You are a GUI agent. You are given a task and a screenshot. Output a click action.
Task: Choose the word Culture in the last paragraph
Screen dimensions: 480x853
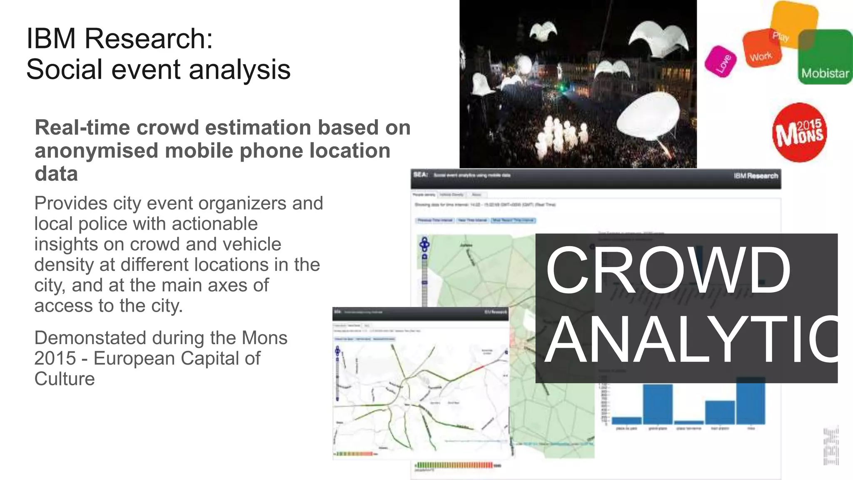65,379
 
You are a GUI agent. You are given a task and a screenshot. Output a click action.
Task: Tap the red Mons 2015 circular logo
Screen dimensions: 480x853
799,132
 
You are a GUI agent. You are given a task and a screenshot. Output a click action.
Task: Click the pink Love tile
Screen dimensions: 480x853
721,62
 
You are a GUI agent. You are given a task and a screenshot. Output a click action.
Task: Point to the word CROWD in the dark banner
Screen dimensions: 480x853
668,270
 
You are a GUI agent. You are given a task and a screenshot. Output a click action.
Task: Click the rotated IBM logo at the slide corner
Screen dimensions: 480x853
831,445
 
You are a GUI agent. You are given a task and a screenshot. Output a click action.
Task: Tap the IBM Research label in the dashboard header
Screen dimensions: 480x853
756,176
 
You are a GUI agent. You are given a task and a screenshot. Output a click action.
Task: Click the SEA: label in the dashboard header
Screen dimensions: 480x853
421,175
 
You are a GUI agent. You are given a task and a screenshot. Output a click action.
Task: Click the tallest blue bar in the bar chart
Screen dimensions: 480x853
751,401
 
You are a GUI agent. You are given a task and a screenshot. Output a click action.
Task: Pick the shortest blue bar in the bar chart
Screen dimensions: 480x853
688,422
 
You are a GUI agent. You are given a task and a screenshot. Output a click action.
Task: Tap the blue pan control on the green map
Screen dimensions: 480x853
424,244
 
